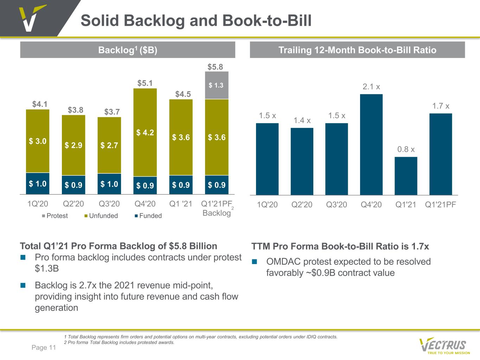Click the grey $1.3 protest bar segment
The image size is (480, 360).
pyautogui.click(x=217, y=85)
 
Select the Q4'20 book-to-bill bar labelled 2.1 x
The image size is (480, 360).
pyautogui.click(x=371, y=144)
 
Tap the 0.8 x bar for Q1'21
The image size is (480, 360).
pyautogui.click(x=406, y=176)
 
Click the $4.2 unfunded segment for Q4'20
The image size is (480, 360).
pyautogui.click(x=145, y=133)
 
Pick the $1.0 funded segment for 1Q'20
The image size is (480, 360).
pyautogui.click(x=38, y=184)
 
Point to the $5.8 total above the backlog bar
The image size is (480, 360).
pyautogui.click(x=215, y=67)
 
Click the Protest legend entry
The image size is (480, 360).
pyautogui.click(x=55, y=216)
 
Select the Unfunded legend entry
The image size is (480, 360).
pyautogui.click(x=101, y=216)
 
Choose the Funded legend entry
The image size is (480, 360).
pyautogui.click(x=148, y=216)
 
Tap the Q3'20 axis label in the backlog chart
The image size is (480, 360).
pyautogui.click(x=109, y=204)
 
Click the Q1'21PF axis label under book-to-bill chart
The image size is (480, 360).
pyautogui.click(x=440, y=205)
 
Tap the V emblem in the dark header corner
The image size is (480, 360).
pyautogui.click(x=32, y=18)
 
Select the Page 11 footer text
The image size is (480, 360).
pyautogui.click(x=44, y=347)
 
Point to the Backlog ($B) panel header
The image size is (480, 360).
pyautogui.click(x=128, y=50)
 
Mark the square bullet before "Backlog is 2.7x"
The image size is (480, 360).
pyautogui.click(x=23, y=285)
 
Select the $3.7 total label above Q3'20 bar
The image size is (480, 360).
pyautogui.click(x=112, y=112)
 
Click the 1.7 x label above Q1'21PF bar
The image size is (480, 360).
pyautogui.click(x=441, y=106)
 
